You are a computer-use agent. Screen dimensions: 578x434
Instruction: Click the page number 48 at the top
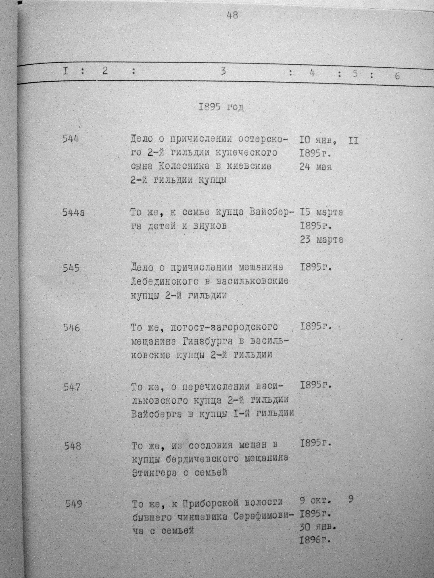[232, 15]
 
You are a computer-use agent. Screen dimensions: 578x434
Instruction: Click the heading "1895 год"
[221, 107]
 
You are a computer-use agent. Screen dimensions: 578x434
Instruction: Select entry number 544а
[73, 213]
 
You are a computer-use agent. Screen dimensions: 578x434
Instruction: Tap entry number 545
[71, 268]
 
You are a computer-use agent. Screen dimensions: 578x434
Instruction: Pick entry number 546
[71, 328]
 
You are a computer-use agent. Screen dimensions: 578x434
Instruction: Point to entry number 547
[72, 387]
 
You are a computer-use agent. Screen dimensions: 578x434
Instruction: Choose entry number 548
[73, 446]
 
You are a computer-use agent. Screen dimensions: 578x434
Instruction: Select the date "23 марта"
[321, 240]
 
